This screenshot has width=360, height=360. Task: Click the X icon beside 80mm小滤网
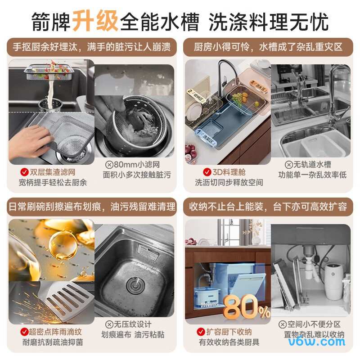[109, 164]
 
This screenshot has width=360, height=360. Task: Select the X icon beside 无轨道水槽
[289, 164]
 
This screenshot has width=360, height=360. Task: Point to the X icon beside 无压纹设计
[109, 324]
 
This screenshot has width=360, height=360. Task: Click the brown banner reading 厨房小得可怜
[268, 47]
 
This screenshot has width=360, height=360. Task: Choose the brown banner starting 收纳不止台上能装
[268, 207]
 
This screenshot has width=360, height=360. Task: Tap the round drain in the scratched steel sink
[132, 285]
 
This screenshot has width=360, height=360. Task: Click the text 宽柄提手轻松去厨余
[53, 183]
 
